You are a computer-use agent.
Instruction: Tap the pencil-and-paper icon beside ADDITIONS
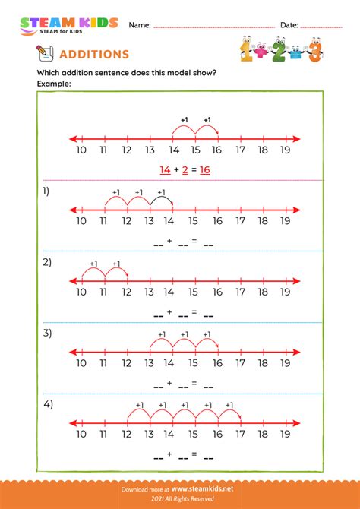(45, 52)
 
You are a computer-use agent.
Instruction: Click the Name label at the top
(139, 25)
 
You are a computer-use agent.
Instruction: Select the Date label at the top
(289, 25)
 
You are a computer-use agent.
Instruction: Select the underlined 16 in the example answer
(204, 170)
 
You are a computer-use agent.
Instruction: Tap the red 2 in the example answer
(185, 170)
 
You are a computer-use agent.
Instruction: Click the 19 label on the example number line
(285, 151)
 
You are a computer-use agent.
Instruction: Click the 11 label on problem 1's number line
(103, 221)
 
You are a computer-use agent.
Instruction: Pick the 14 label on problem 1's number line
(172, 221)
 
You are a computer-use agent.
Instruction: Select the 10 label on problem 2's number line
(81, 292)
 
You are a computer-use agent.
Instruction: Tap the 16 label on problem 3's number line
(217, 363)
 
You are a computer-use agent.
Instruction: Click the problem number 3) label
(47, 333)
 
